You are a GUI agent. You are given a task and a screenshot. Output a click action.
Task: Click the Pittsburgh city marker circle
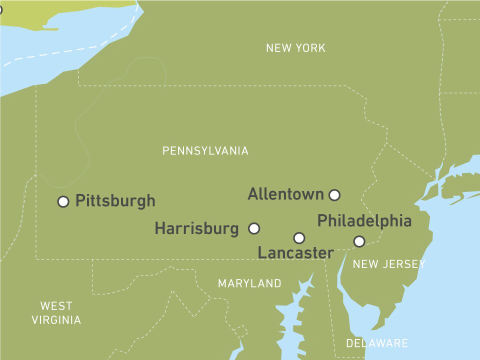(x=63, y=201)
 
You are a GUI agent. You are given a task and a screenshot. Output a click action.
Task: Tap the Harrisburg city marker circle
(x=254, y=228)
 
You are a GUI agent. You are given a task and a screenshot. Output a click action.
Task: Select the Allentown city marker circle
(x=334, y=194)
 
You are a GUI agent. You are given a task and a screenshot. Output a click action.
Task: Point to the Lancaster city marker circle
(x=299, y=237)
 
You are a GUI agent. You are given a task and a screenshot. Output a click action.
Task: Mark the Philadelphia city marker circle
(x=359, y=241)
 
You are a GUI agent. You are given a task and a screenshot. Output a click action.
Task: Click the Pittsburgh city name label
(x=115, y=201)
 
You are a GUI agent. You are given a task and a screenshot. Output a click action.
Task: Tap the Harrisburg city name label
(x=196, y=229)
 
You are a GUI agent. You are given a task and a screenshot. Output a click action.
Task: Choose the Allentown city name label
(x=285, y=194)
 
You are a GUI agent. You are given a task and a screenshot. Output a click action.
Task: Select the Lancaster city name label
(x=295, y=253)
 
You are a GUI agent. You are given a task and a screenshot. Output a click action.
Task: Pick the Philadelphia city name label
(x=364, y=220)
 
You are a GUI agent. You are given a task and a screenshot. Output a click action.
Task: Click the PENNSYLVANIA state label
(x=205, y=151)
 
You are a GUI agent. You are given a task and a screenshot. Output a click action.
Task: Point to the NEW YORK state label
(x=295, y=48)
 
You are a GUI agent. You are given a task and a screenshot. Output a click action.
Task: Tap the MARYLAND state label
(x=249, y=284)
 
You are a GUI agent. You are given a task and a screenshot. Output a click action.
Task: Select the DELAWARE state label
(x=377, y=343)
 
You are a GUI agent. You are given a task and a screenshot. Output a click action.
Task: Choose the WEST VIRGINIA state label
(x=56, y=313)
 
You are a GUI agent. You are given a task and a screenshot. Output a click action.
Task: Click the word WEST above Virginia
(x=56, y=306)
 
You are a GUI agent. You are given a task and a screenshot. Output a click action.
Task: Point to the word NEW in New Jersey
(x=363, y=264)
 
